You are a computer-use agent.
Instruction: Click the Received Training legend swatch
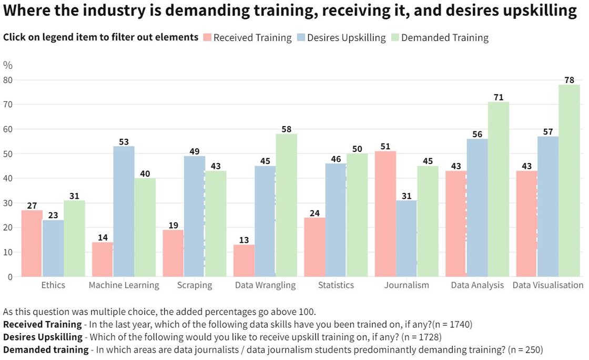point(207,37)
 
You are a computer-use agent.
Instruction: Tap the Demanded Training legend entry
point(444,37)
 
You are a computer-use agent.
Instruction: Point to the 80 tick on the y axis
point(8,80)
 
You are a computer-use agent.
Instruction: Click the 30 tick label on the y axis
point(8,203)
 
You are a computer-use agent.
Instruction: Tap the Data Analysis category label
point(478,285)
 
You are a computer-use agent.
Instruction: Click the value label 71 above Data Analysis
point(499,97)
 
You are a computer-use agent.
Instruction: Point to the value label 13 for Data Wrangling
point(244,239)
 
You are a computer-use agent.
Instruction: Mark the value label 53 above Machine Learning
point(124,141)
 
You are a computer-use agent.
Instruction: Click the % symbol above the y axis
point(7,65)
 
